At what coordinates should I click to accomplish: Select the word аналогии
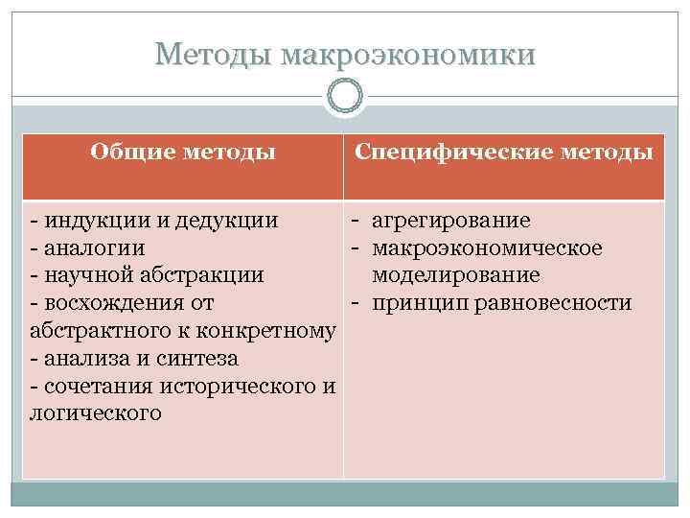93,248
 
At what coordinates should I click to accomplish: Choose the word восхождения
112,304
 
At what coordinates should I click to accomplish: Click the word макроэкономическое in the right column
488,248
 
